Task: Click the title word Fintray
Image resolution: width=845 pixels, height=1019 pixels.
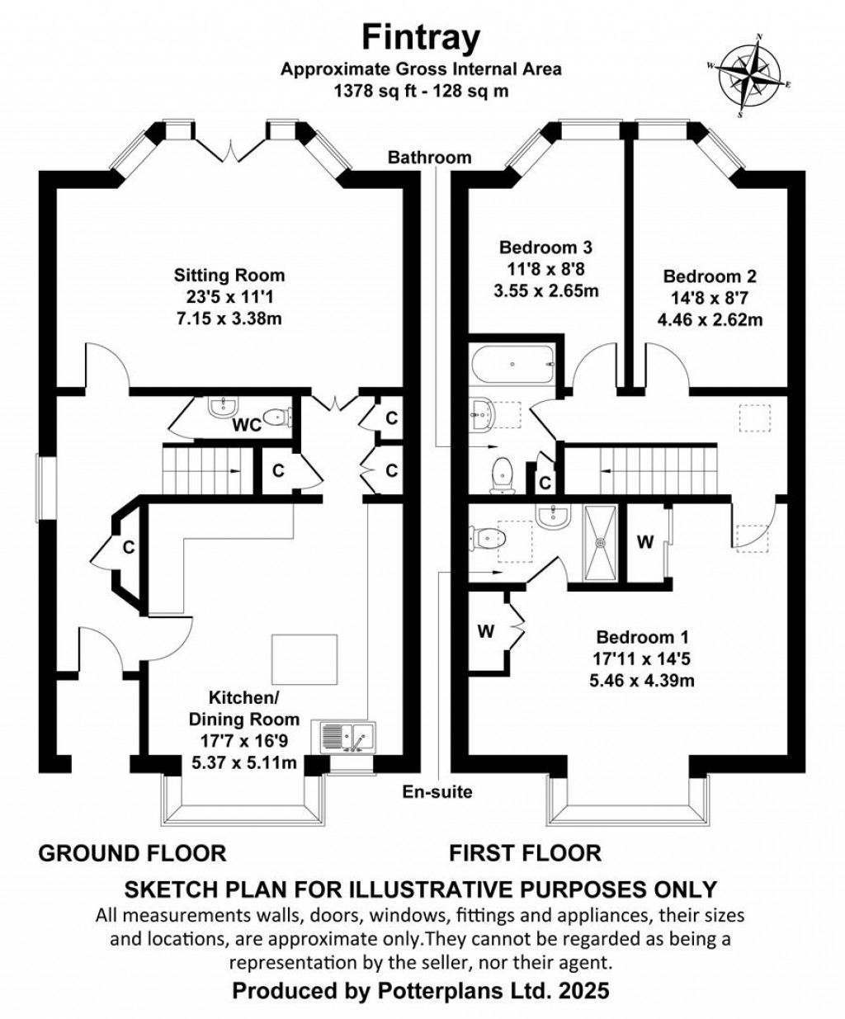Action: pos(421,38)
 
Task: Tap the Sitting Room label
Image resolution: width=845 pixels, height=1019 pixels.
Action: pos(229,276)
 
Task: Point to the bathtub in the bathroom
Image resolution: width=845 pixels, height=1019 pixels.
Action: pos(512,364)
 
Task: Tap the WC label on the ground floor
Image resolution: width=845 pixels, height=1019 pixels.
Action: pos(247,426)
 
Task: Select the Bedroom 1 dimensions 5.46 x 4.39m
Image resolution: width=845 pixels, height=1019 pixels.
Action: pos(641,681)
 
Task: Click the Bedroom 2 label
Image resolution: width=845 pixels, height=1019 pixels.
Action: pos(710,276)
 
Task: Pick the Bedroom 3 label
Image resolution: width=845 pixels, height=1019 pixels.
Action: pos(546,248)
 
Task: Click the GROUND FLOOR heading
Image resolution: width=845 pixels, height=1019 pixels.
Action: pos(132,852)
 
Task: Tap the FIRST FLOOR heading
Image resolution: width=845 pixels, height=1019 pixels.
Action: pos(525,852)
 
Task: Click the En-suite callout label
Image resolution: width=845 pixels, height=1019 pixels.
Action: pos(437,792)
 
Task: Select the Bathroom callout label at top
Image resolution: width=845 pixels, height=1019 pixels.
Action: pos(430,157)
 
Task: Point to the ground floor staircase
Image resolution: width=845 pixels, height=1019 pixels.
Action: pos(206,469)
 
